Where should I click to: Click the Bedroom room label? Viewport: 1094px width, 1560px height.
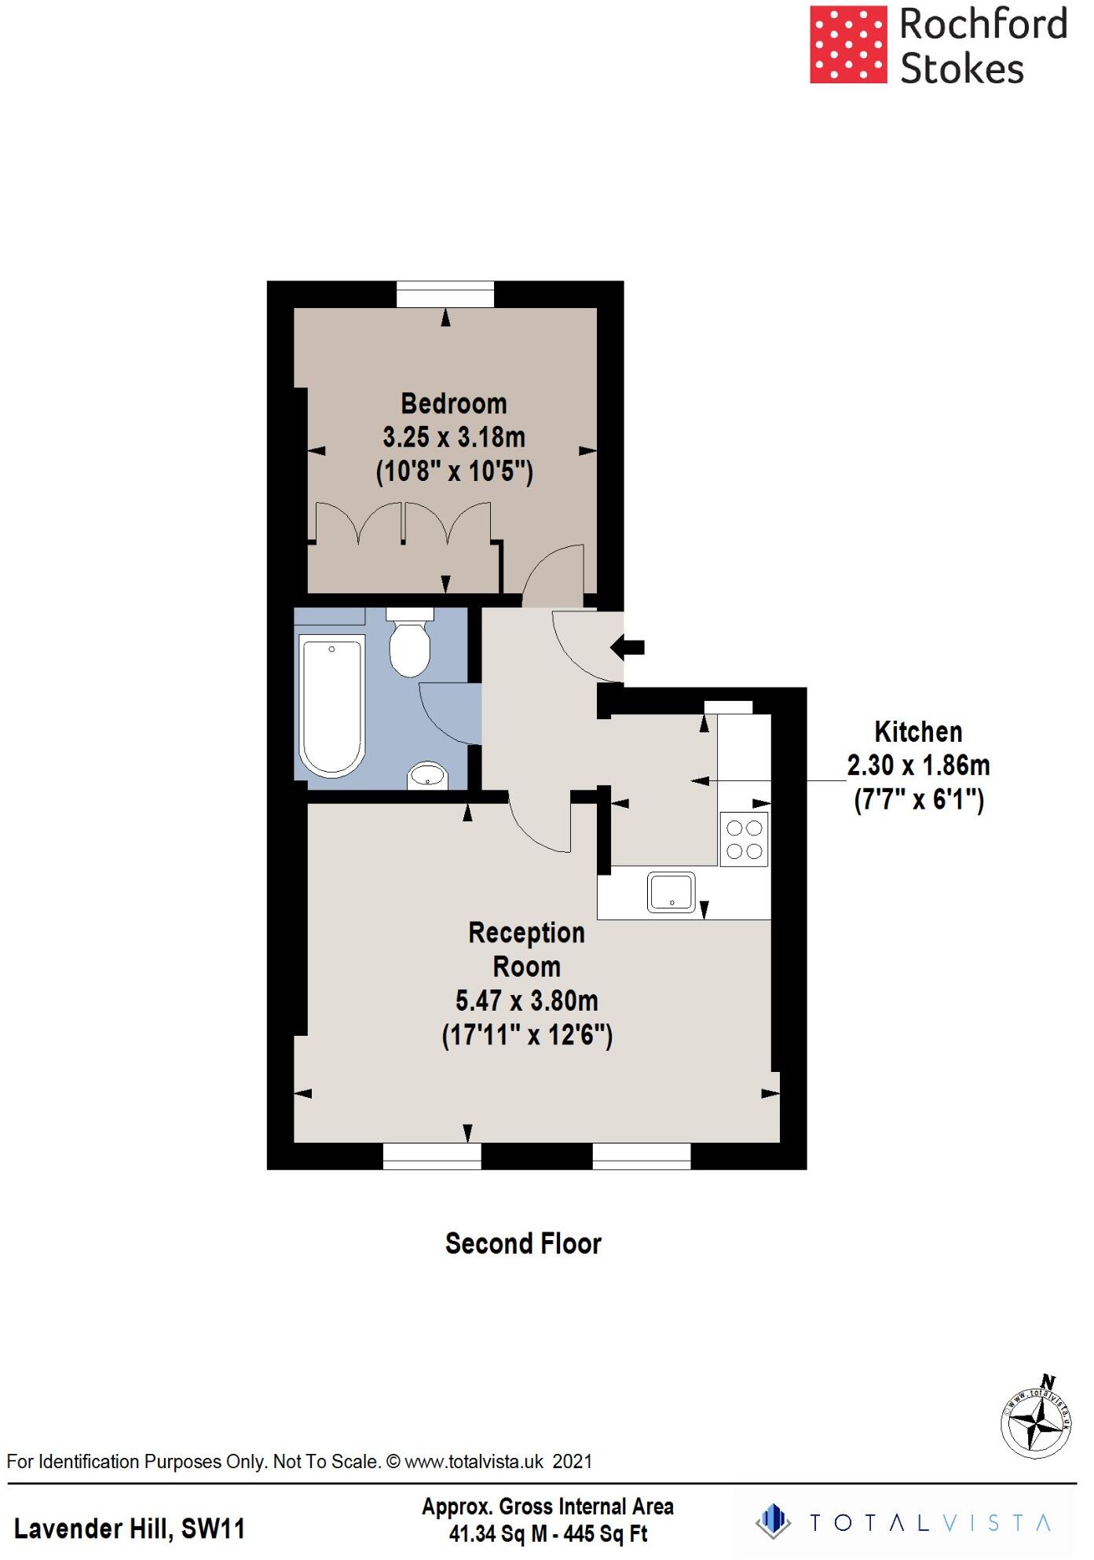(x=454, y=404)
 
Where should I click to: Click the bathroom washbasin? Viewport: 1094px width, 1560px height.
(x=427, y=775)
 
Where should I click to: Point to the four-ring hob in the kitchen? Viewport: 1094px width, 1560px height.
(x=744, y=839)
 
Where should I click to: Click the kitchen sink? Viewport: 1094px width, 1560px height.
(x=671, y=893)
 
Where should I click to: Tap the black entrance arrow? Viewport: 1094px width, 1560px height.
(x=627, y=648)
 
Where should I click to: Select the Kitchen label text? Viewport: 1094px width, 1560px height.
(x=918, y=732)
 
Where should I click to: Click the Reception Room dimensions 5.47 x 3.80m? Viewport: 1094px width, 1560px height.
(x=526, y=1001)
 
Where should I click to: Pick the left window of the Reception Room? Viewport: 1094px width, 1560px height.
(x=432, y=1156)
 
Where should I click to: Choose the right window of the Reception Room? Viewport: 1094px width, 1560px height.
(x=641, y=1156)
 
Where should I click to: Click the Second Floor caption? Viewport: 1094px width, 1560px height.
(x=523, y=1243)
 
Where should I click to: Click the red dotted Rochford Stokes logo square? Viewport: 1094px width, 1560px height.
(x=848, y=45)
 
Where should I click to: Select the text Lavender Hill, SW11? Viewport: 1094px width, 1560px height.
(x=130, y=1529)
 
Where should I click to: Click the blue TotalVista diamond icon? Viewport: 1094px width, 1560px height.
(x=774, y=1521)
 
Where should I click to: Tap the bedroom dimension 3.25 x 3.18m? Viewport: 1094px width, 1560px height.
(x=454, y=437)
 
